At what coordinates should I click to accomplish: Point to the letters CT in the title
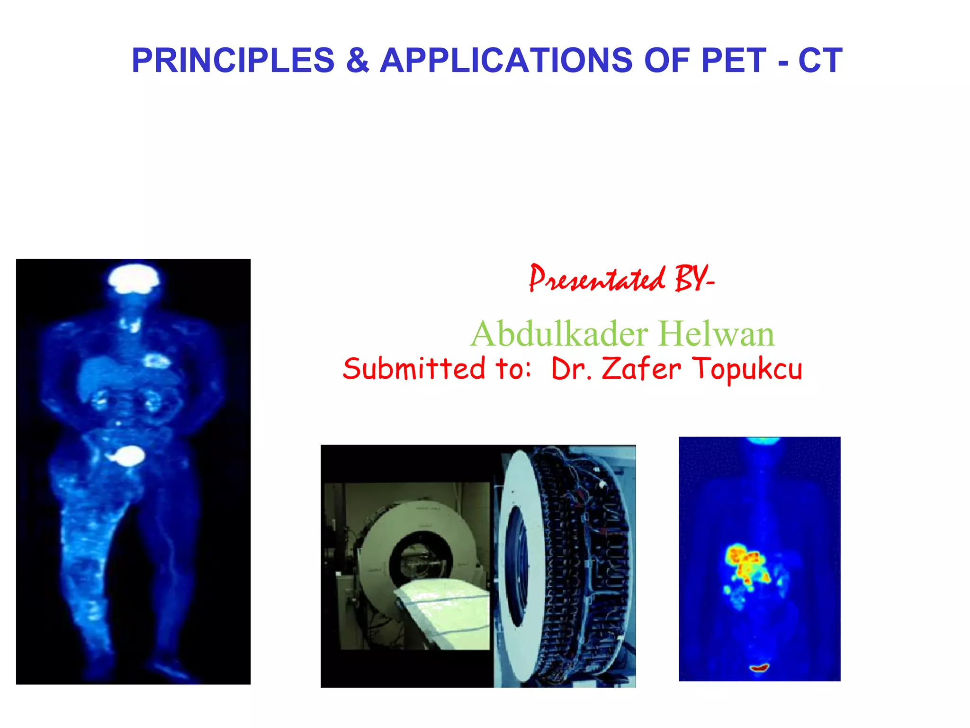point(820,61)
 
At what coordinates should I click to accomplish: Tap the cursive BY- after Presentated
point(694,279)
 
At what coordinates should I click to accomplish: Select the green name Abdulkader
point(559,334)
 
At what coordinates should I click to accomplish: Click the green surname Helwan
point(716,334)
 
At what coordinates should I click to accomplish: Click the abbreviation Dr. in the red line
point(571,369)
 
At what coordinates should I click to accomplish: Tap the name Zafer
point(641,369)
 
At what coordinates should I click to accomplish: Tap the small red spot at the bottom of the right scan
point(759,668)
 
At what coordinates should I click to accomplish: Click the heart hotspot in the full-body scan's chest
point(156,361)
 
